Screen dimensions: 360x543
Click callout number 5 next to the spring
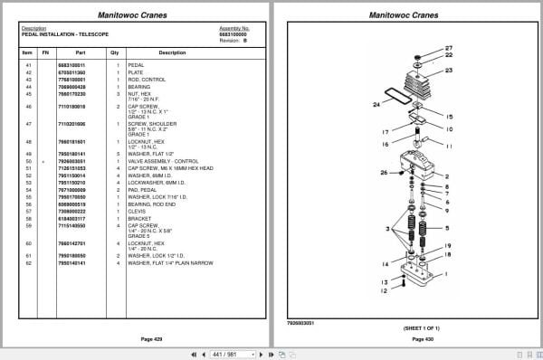[448, 227]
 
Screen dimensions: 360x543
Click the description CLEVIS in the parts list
[138, 212]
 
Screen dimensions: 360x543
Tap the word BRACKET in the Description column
[140, 218]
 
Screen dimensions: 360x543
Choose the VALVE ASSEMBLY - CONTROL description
[165, 161]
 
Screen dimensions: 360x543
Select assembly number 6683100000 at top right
[234, 34]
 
